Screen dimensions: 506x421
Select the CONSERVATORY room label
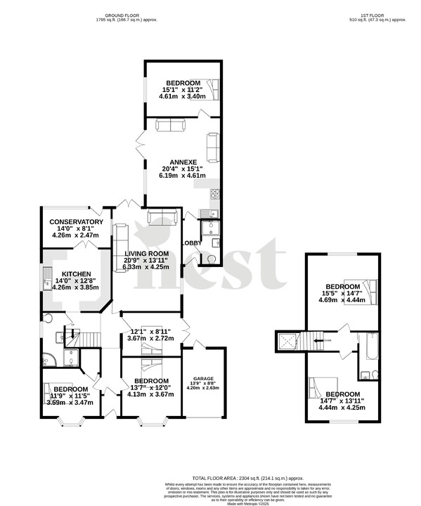[x=76, y=223]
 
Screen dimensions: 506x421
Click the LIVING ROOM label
[x=146, y=254]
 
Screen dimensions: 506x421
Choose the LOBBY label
[x=192, y=243]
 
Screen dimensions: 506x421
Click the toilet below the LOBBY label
[x=211, y=258]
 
